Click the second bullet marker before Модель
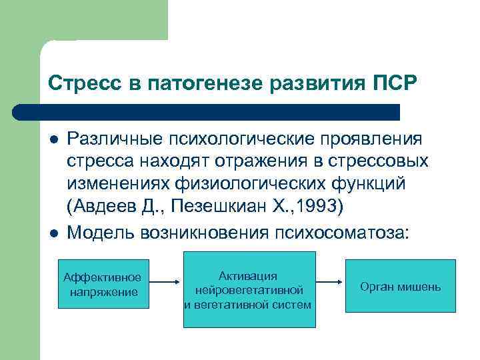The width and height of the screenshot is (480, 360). pos(54,232)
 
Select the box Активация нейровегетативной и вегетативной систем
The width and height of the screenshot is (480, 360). pos(247,289)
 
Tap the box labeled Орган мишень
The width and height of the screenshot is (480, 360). pos(400,286)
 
